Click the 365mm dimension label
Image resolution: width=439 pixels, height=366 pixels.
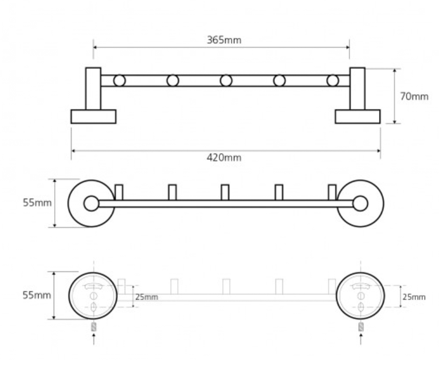click(x=224, y=40)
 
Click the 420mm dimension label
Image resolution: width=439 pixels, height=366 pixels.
click(x=224, y=158)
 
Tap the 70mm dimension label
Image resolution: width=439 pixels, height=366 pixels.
click(x=414, y=97)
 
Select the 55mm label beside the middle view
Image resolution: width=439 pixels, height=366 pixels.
click(x=37, y=203)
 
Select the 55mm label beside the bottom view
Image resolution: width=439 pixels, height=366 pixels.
click(x=37, y=295)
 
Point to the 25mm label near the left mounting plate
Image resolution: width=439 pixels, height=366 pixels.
click(x=147, y=297)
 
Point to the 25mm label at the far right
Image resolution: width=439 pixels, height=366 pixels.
click(x=414, y=297)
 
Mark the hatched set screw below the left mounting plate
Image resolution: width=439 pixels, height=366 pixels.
click(x=94, y=327)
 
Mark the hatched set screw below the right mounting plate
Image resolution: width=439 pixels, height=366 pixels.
click(x=361, y=327)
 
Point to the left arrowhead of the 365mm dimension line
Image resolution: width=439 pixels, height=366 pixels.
click(x=95, y=47)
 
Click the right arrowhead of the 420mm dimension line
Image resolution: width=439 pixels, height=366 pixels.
click(x=379, y=150)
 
